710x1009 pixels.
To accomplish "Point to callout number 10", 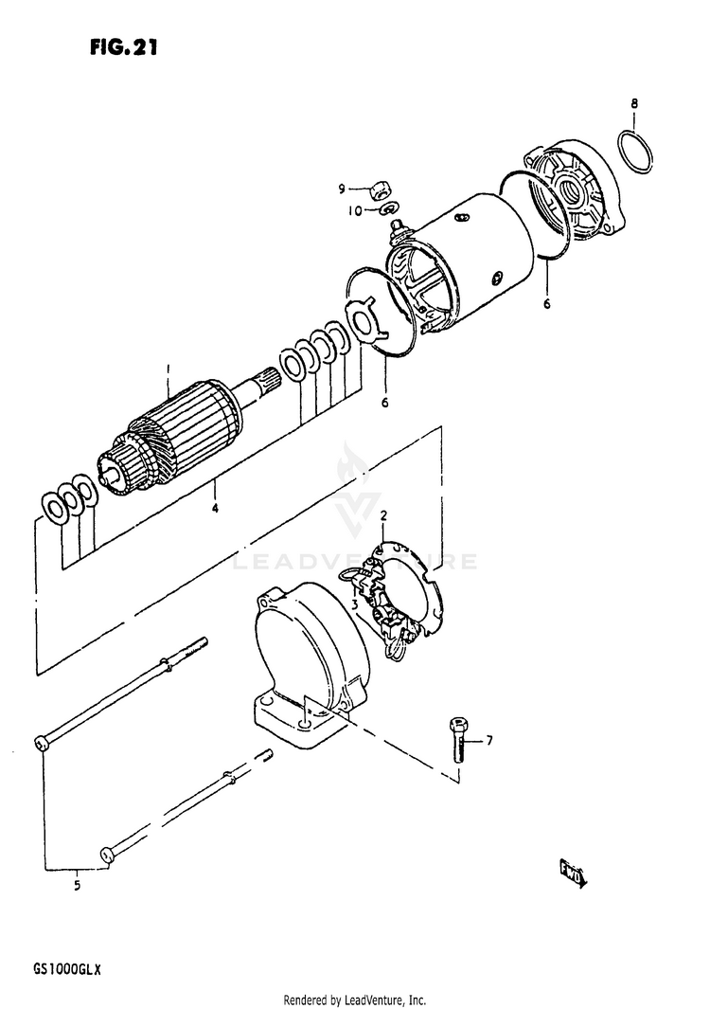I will click(x=356, y=210).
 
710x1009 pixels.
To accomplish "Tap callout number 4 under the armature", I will click(x=215, y=509).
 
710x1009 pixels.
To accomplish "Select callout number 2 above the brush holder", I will click(x=383, y=516).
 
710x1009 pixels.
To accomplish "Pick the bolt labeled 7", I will click(x=458, y=741).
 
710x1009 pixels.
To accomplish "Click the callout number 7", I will click(x=489, y=740).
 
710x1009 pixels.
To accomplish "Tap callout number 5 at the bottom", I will click(x=77, y=886).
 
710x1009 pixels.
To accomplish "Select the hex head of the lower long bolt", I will click(x=106, y=855).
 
